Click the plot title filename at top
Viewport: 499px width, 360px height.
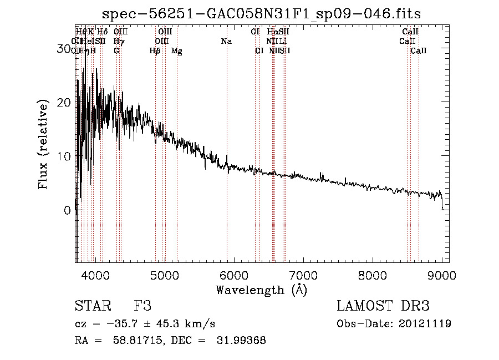coord(262,14)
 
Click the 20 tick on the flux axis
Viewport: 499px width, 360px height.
coord(64,103)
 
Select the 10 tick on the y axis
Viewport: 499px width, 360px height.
coord(64,156)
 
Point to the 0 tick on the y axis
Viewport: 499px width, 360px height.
coord(68,211)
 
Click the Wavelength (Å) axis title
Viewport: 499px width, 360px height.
coord(261,290)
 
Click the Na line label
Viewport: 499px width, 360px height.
coord(226,41)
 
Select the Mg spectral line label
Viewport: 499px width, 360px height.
coord(176,51)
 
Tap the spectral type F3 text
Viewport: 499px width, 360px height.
coord(142,306)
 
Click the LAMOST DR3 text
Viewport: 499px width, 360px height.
coord(383,306)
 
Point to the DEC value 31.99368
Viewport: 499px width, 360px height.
coord(242,341)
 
